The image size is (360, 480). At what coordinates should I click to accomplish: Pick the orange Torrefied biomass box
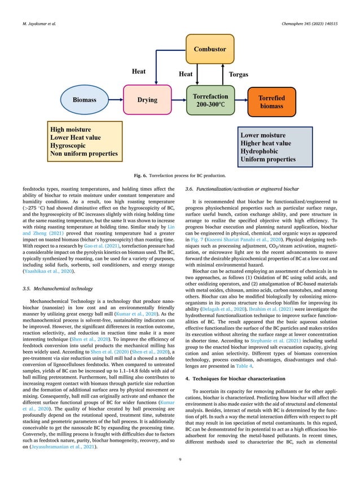click(270, 102)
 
